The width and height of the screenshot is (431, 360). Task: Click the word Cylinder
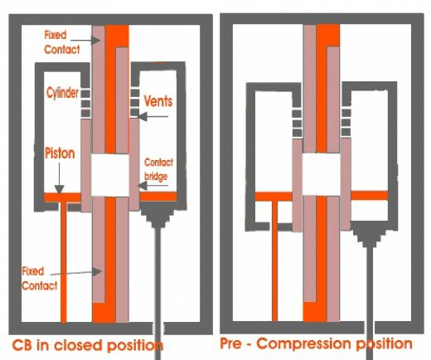pos(62,92)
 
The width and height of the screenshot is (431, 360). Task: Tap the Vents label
pos(158,101)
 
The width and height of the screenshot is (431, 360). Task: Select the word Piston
pos(60,153)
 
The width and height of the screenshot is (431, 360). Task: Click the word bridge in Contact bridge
pos(156,177)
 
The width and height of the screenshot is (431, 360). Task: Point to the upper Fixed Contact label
pos(62,42)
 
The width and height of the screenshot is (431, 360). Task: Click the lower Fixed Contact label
pos(40,279)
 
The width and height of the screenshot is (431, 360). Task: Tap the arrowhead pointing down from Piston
pos(60,190)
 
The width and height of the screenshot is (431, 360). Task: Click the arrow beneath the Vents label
pos(153,117)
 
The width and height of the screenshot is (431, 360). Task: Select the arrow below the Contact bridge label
pos(153,186)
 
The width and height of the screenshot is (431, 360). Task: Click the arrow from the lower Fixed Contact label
pos(76,273)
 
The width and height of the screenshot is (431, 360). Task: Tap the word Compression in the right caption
pos(303,343)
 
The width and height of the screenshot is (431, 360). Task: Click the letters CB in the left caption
pos(23,345)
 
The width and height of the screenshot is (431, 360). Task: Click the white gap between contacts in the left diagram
pos(110,175)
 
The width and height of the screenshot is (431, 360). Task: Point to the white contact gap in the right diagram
pos(322,173)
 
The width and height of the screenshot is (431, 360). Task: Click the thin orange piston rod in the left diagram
pos(64,261)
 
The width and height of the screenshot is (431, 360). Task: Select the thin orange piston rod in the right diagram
pos(274,261)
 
